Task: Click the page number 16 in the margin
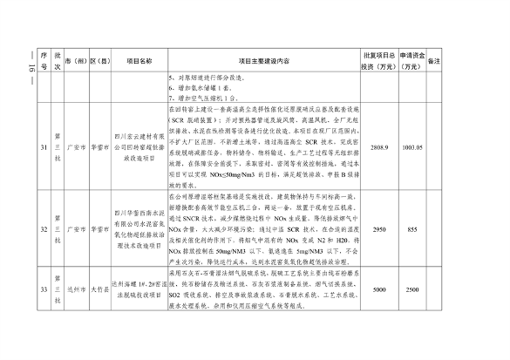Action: click(x=20, y=72)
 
